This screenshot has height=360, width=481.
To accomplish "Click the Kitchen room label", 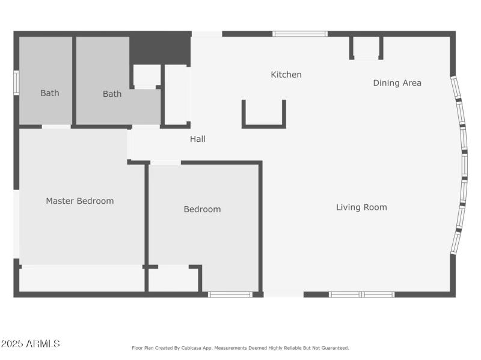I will pos(286,75).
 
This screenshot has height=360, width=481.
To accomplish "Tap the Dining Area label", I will pos(397,83).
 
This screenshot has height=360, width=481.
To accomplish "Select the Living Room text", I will pos(361,207).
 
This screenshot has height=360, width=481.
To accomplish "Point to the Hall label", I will pos(198,139).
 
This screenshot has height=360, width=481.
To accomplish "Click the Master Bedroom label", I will pos(79,201).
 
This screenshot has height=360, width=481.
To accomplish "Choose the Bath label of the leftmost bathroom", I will pos(49,93).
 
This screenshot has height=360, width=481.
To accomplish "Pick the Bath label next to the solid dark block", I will pos(112,94).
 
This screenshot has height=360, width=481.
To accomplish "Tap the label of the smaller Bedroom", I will pos(202,209).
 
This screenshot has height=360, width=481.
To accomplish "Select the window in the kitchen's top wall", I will pos(300,34).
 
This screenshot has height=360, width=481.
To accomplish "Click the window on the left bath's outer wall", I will pos(16,83).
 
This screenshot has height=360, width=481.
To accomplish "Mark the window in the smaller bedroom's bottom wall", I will pos(230,294).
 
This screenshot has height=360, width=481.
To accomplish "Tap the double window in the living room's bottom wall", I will pos(361,294).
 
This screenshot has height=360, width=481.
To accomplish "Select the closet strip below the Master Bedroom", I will pos(81,279).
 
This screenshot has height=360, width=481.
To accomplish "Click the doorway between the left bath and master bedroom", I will pos(56,126).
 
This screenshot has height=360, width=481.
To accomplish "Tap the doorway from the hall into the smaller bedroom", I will pos(165,162).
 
